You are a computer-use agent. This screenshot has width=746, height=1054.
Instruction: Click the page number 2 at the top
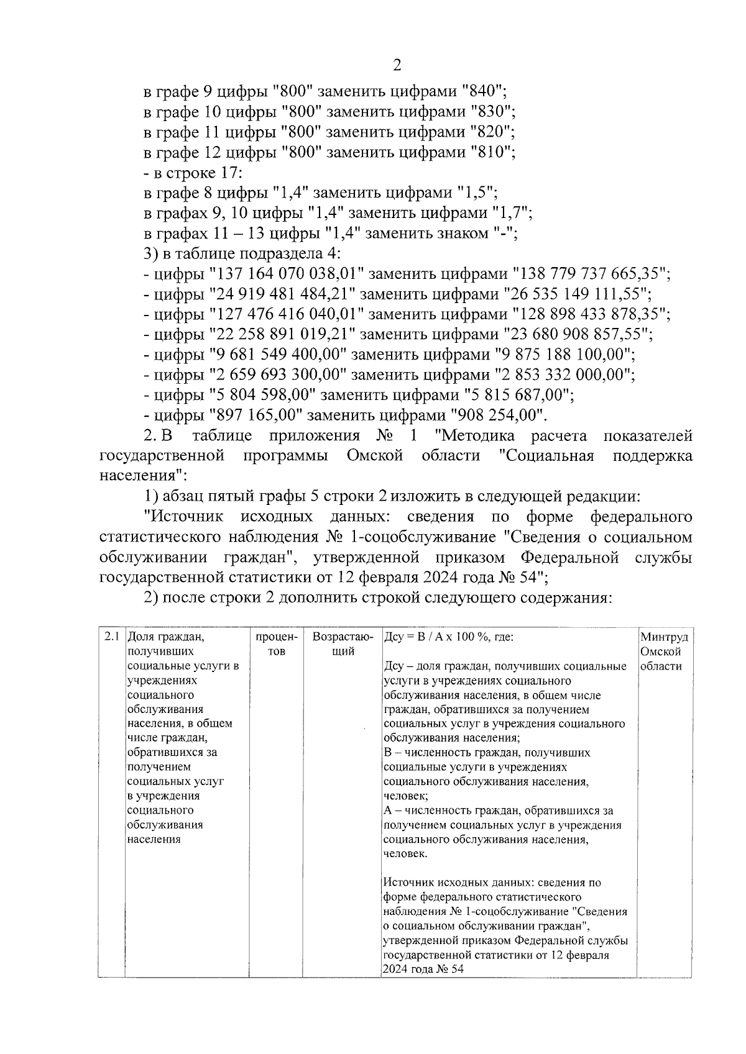click(397, 66)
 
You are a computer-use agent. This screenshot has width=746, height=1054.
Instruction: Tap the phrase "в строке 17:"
click(192, 173)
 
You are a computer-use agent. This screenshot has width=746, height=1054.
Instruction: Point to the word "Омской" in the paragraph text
click(374, 456)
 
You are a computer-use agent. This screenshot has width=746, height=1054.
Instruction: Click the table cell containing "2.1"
click(112, 637)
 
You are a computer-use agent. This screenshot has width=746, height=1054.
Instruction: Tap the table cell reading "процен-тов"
click(277, 644)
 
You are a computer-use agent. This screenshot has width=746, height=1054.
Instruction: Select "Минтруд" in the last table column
click(664, 637)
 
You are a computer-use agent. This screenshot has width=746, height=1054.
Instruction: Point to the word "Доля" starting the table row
click(140, 637)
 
